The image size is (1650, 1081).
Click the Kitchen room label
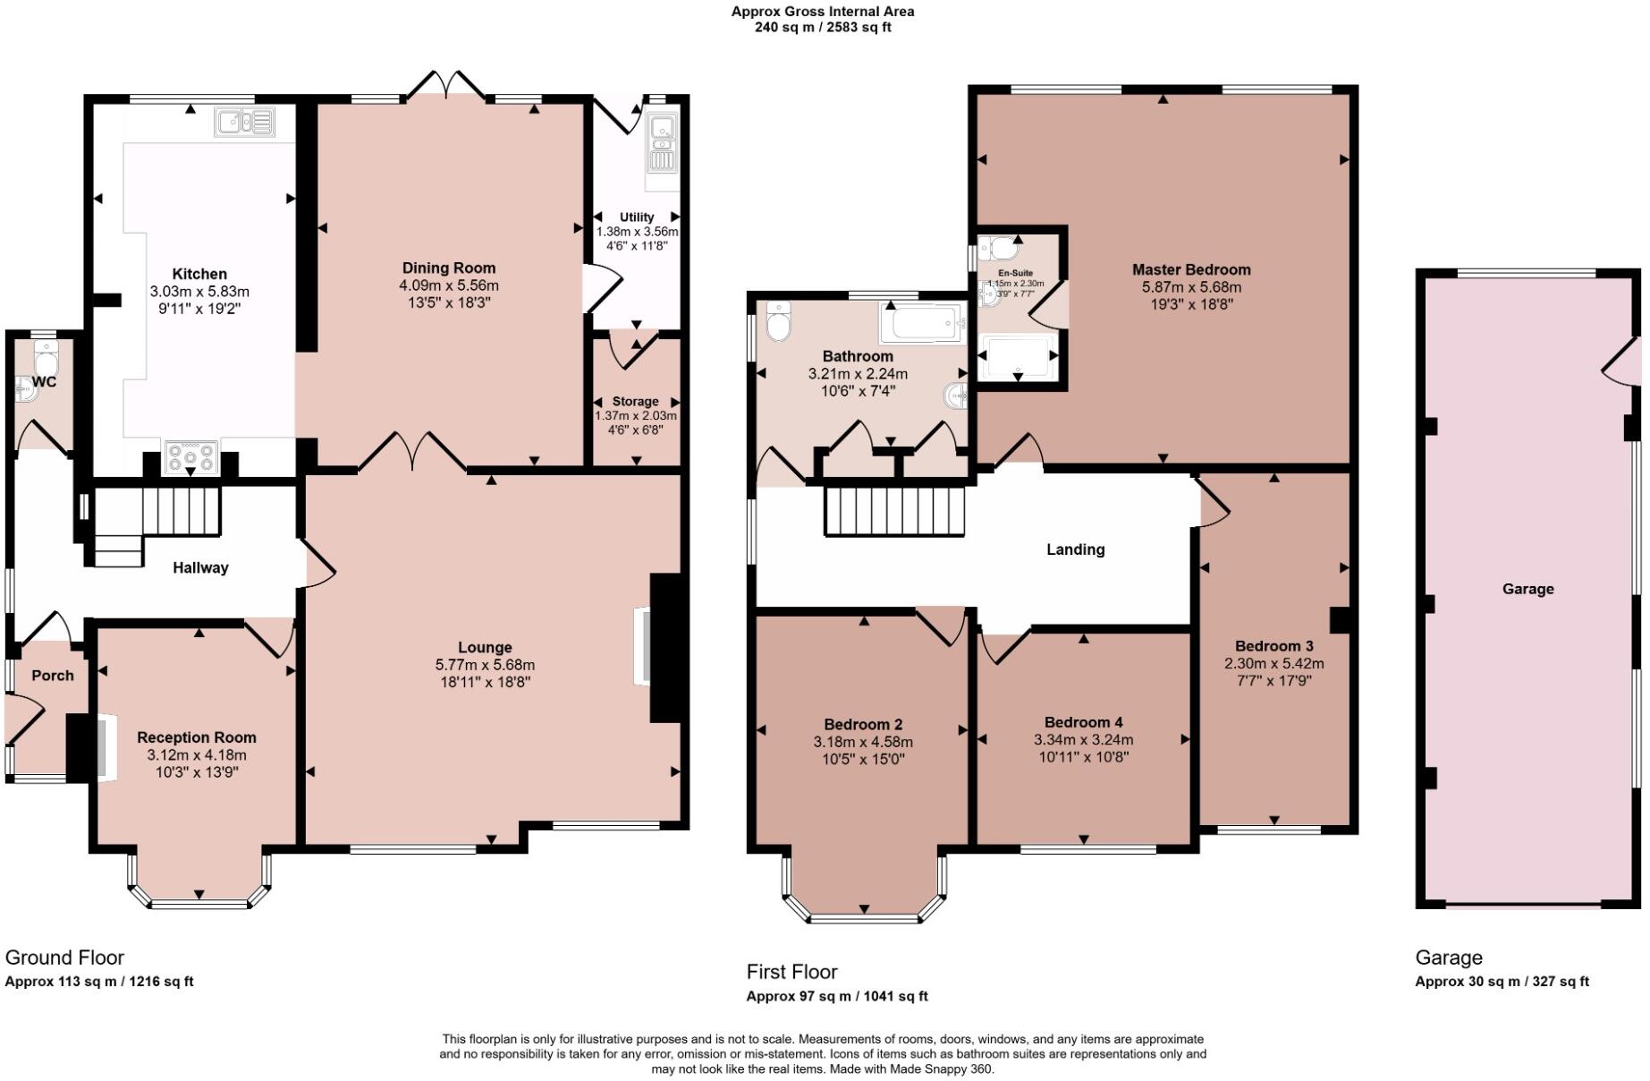(199, 274)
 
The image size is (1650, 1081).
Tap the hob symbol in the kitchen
(190, 458)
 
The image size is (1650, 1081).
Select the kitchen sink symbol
(243, 122)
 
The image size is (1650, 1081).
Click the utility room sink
(663, 143)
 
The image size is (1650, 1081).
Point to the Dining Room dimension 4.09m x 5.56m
(448, 285)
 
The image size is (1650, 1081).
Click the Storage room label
(635, 401)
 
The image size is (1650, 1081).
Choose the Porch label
(53, 675)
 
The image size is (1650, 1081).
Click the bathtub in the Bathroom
(923, 323)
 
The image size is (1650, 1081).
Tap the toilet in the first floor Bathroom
(779, 321)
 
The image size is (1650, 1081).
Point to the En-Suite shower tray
(1018, 356)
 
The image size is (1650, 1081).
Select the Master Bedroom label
(1191, 269)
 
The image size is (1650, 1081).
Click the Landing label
(1075, 549)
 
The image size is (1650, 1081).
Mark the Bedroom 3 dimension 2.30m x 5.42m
(1273, 664)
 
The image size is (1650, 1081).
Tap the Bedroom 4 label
(1083, 722)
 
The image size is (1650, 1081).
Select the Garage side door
(1623, 361)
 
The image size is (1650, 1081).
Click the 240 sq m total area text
(822, 27)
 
